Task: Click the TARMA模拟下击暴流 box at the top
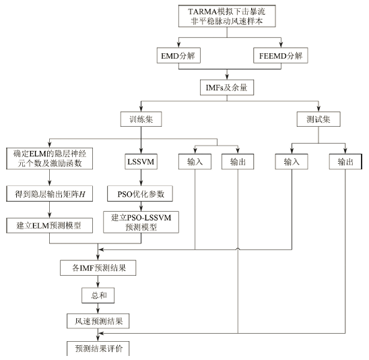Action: (227, 16)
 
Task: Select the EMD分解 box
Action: (178, 55)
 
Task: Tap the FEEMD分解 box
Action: (281, 55)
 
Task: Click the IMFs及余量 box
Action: (227, 88)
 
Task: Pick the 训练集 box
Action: (141, 119)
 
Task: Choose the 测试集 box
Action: (318, 119)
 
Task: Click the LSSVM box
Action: (141, 162)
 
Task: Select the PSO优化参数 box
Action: (140, 193)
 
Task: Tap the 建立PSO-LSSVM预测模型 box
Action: (141, 222)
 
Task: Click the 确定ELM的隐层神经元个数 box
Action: (49, 158)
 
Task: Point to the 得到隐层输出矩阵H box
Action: (49, 193)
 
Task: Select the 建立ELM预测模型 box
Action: (49, 225)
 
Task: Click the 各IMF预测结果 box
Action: (98, 268)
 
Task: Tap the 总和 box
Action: (98, 295)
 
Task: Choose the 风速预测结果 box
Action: (98, 321)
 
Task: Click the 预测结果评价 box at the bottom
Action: (98, 349)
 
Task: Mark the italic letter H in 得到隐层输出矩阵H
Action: (82, 194)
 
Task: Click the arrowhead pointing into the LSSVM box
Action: (141, 151)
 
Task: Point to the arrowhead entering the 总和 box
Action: (98, 285)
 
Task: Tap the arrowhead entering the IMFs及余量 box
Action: (227, 77)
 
